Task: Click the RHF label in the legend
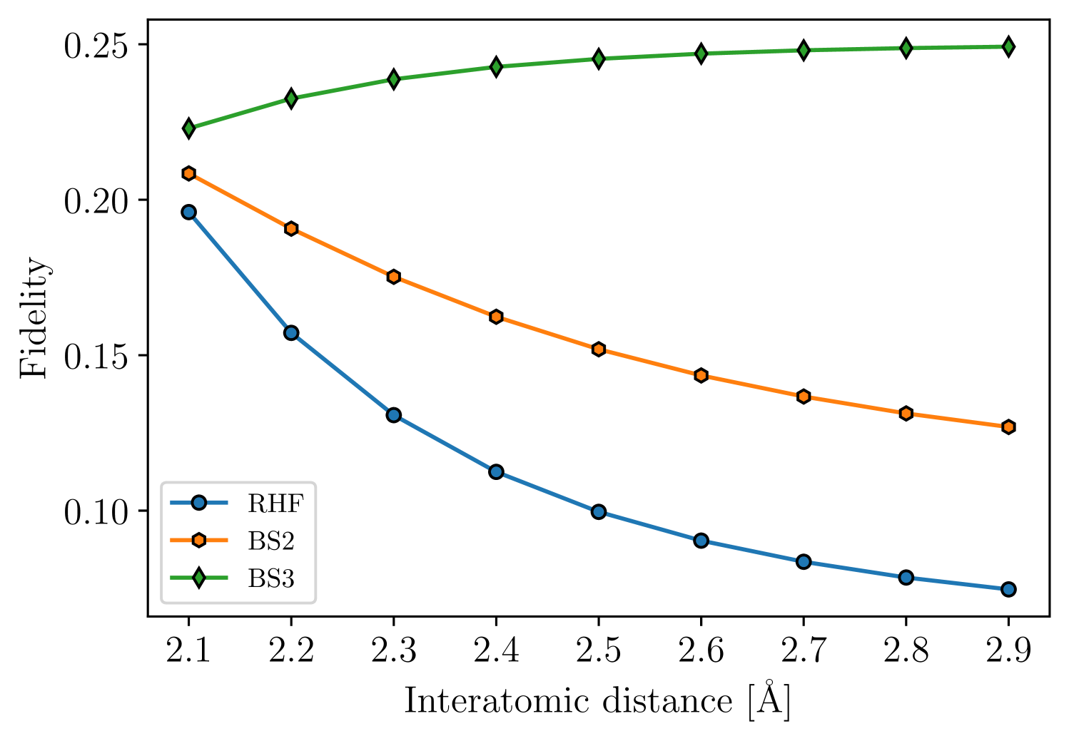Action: click(x=275, y=504)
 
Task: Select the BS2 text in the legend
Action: click(x=270, y=541)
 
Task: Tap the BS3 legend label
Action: click(x=270, y=578)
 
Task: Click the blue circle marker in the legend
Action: click(x=199, y=503)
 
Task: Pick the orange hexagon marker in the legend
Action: click(x=199, y=541)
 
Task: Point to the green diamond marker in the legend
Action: click(x=199, y=578)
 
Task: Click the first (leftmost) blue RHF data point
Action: click(x=189, y=212)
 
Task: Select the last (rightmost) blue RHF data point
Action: click(x=1008, y=589)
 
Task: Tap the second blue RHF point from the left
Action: click(x=291, y=332)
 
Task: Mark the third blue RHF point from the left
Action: click(x=394, y=414)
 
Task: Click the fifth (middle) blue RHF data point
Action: click(x=599, y=512)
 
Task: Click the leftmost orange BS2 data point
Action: click(x=189, y=173)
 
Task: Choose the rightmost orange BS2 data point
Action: click(x=1008, y=427)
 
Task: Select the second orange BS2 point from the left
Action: click(x=291, y=228)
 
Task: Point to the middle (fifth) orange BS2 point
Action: click(x=599, y=349)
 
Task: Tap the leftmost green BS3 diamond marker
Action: click(x=189, y=128)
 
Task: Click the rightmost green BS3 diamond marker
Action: click(x=1008, y=47)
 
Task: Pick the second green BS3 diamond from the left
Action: click(x=291, y=98)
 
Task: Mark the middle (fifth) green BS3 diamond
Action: click(x=599, y=58)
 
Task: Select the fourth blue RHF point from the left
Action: click(x=496, y=471)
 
